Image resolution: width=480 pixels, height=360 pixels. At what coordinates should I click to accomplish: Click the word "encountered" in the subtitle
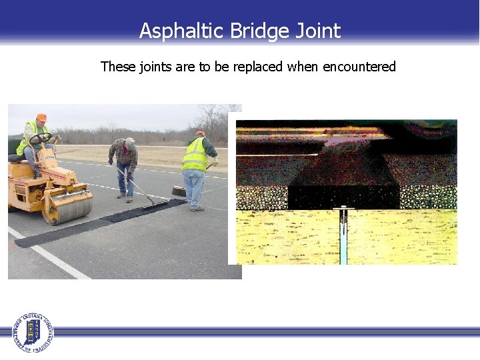[x=359, y=67]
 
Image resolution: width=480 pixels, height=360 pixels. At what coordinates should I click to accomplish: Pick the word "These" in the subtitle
[x=117, y=67]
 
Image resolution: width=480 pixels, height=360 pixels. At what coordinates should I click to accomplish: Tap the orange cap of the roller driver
[x=41, y=117]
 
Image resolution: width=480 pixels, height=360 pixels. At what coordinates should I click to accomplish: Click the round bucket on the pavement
[x=179, y=191]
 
